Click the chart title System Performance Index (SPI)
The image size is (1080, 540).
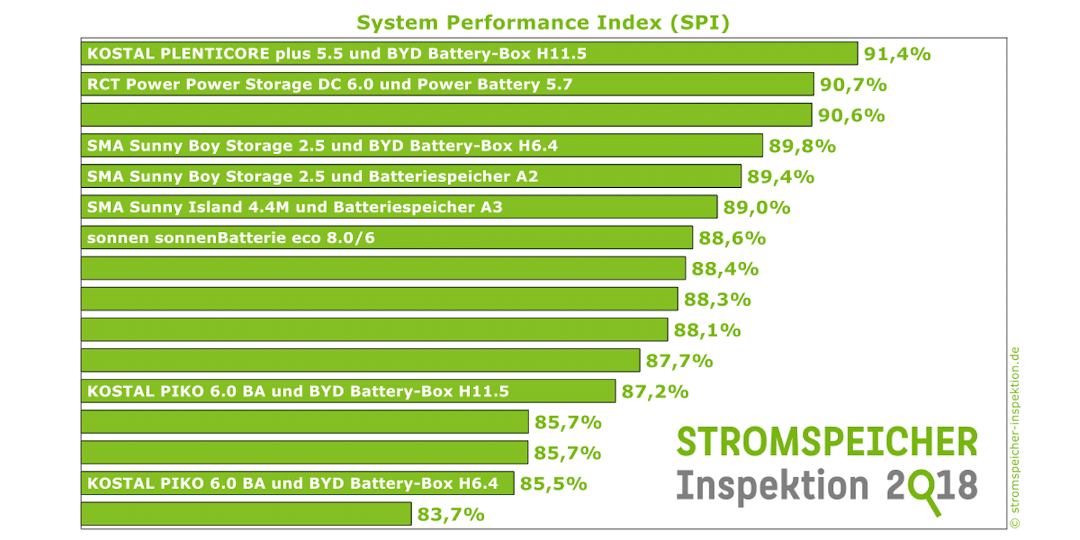click(x=543, y=22)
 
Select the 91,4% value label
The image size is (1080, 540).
click(x=896, y=54)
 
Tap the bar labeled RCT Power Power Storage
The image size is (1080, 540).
click(x=447, y=84)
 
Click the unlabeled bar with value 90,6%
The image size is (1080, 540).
click(x=447, y=115)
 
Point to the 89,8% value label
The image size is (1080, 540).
click(x=802, y=146)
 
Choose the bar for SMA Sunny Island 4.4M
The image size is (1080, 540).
click(x=399, y=207)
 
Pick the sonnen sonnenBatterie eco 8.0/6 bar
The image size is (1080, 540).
click(x=387, y=238)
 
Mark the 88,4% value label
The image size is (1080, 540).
click(x=725, y=269)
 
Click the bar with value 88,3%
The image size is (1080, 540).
click(x=379, y=299)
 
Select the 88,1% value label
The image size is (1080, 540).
click(x=707, y=330)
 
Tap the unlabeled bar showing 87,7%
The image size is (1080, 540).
click(x=360, y=360)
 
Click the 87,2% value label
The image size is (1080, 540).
click(x=655, y=392)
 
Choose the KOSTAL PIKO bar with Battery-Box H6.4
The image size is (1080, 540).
click(x=297, y=483)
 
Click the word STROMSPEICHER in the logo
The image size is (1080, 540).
click(x=827, y=441)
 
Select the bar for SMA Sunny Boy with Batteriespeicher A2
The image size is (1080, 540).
click(x=411, y=176)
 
